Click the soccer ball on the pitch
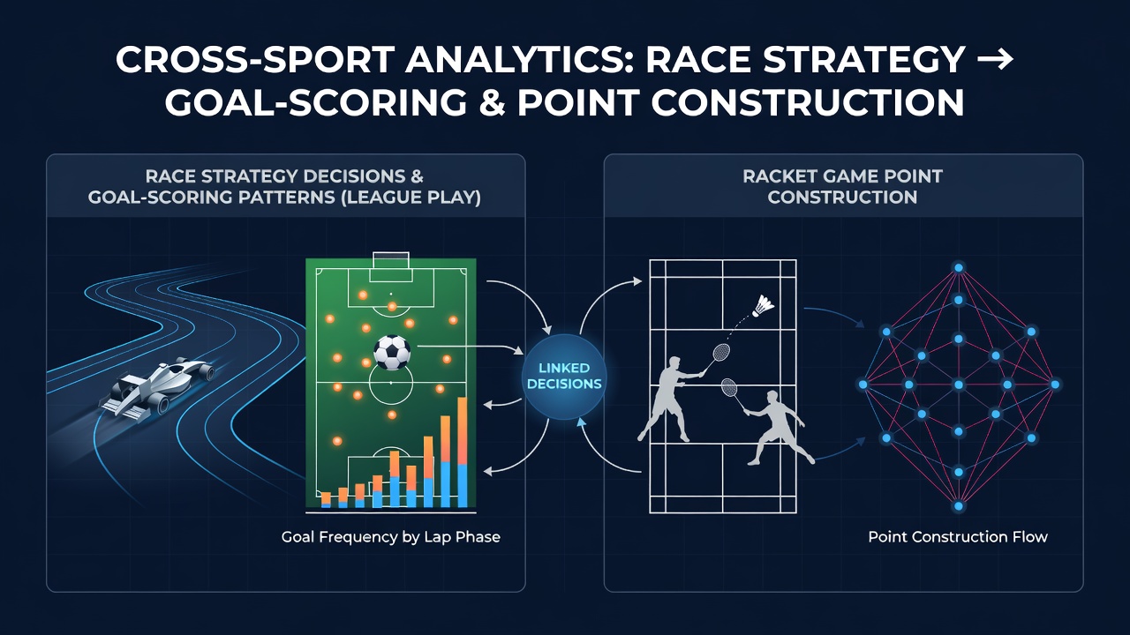tap(391, 352)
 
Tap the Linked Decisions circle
tap(564, 377)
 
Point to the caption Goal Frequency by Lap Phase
tap(391, 537)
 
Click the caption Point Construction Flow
tap(958, 537)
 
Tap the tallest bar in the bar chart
tap(462, 452)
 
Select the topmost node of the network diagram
tap(959, 267)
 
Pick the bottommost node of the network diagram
tap(959, 505)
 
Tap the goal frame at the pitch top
tap(390, 260)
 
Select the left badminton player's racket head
tap(721, 352)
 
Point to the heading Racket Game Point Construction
tap(842, 186)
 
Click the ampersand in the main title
tap(485, 103)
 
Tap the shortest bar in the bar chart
tap(326, 499)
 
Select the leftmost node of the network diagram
tap(863, 385)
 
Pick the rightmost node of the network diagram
tap(1055, 385)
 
